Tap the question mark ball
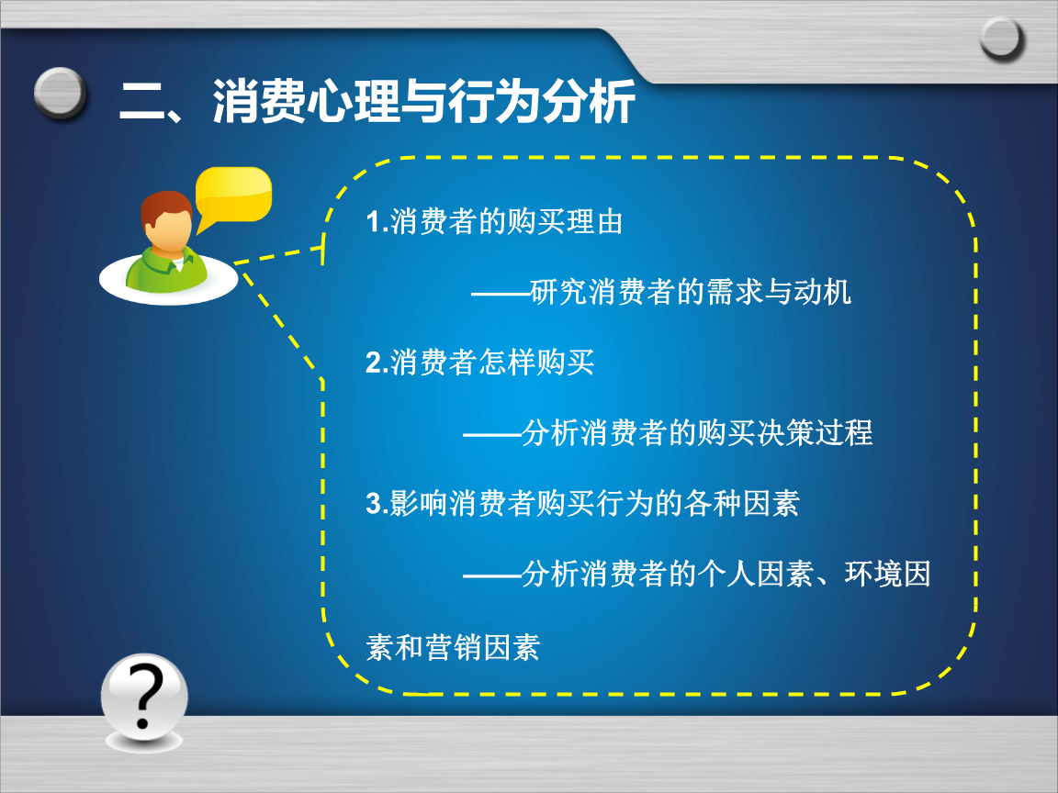144,698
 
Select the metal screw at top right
1001,37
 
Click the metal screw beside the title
60,93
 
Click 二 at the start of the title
141,101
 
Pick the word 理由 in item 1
594,222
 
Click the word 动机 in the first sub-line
822,292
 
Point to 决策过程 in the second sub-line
816,433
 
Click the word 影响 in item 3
419,504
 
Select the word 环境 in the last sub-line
873,574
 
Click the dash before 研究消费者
501,294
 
